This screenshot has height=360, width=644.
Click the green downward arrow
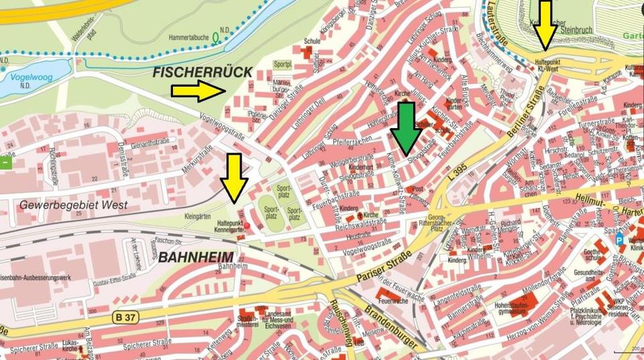point(406,127)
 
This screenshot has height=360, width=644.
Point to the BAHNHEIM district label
point(197,257)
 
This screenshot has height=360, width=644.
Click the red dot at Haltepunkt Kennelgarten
point(248,225)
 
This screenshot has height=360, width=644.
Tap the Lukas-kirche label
point(72,345)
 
